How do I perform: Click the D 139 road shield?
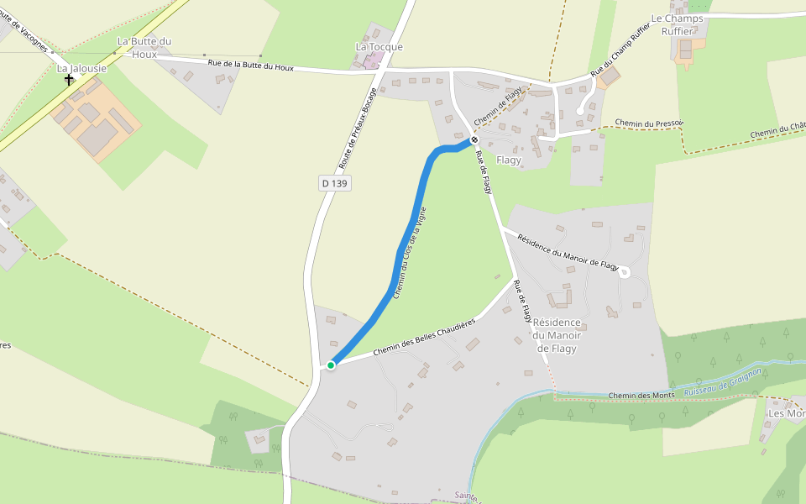tap(334, 183)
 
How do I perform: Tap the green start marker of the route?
tap(331, 365)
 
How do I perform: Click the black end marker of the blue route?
tap(474, 139)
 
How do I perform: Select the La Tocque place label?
tap(379, 47)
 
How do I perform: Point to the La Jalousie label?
tap(81, 68)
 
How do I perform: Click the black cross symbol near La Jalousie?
tap(69, 80)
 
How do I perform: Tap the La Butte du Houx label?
tap(144, 47)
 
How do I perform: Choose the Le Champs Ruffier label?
tap(678, 24)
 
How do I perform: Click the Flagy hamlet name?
tap(509, 160)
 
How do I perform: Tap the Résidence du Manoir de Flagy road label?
tap(568, 250)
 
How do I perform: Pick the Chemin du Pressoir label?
tap(648, 123)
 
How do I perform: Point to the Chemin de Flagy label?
tap(498, 107)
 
